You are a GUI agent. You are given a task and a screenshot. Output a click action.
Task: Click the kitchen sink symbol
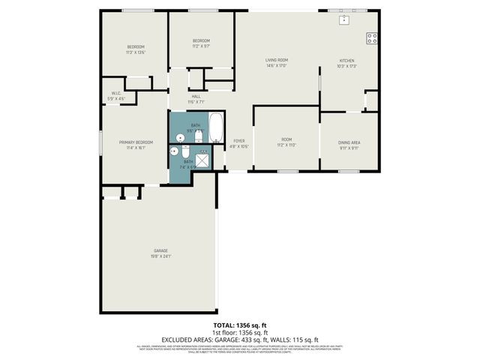point(344,19)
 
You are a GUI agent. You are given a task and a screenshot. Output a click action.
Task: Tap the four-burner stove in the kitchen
point(372,37)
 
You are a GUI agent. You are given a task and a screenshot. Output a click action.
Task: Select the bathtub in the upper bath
point(216,127)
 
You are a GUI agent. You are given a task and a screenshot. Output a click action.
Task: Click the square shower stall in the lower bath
point(202,159)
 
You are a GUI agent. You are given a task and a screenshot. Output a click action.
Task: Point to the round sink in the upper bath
point(180,137)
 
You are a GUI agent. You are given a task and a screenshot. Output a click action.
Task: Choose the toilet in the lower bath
point(185,151)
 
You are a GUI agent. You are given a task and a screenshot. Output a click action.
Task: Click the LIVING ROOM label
point(277,60)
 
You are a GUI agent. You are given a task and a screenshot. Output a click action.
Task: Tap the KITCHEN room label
point(346,61)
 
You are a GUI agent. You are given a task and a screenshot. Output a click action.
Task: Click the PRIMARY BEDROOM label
point(136,142)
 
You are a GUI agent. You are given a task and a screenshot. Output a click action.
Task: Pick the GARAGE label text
point(160,250)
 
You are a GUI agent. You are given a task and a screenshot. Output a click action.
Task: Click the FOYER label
point(239,141)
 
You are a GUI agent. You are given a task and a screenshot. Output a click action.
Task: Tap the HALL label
point(196,96)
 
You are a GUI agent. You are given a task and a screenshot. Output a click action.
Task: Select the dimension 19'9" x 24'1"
point(160,256)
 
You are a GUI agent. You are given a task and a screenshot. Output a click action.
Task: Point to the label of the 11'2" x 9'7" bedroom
point(201,40)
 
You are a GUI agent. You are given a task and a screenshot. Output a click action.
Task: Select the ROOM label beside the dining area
point(286,139)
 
